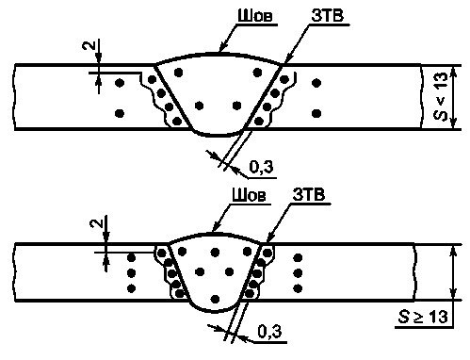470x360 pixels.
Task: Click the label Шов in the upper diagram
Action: pyautogui.click(x=255, y=16)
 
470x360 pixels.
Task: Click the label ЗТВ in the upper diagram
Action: pyautogui.click(x=327, y=16)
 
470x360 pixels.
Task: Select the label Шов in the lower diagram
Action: pyautogui.click(x=249, y=195)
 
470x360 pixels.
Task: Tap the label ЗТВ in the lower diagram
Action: pyautogui.click(x=309, y=195)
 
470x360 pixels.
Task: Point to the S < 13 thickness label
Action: pyautogui.click(x=440, y=96)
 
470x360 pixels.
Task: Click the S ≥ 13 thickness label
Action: pyautogui.click(x=423, y=317)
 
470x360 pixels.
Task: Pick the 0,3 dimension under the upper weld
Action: pyautogui.click(x=261, y=167)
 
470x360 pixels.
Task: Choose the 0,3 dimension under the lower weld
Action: pyautogui.click(x=270, y=331)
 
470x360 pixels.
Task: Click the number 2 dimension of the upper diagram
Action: pyautogui.click(x=89, y=45)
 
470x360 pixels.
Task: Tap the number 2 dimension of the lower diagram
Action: pyautogui.click(x=96, y=223)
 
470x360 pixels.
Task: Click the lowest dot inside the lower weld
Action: pyautogui.click(x=215, y=299)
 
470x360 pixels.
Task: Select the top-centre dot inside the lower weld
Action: pyautogui.click(x=215, y=252)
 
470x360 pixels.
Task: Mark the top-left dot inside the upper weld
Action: pyautogui.click(x=178, y=73)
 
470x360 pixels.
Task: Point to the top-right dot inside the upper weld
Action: pyautogui.click(x=257, y=73)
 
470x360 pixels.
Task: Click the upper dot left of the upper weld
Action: pyautogui.click(x=120, y=83)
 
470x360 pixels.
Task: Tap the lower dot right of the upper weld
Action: pyautogui.click(x=316, y=113)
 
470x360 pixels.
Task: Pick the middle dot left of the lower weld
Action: pyautogui.click(x=131, y=273)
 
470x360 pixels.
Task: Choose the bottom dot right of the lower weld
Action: pyautogui.click(x=298, y=287)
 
